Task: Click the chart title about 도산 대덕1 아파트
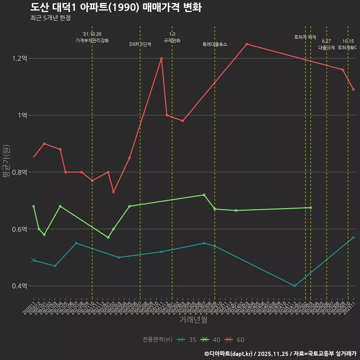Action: point(116,7)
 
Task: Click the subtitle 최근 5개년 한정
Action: point(50,18)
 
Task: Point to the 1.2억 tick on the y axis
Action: point(19,58)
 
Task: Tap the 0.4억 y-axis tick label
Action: point(19,286)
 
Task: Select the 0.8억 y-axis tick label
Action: point(19,172)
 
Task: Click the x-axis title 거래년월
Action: point(193,320)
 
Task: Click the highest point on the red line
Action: point(247,44)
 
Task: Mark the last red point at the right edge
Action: point(353,90)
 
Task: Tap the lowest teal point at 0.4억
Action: point(295,286)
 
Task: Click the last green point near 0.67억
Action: point(310,208)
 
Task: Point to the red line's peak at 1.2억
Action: point(162,58)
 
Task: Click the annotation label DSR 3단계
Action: point(140,44)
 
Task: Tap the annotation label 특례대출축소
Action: point(215,44)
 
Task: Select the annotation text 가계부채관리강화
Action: point(92,40)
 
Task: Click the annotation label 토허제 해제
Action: point(305,37)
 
